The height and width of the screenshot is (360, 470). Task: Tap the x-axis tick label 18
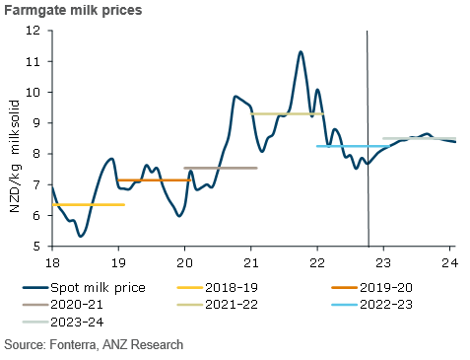[51, 262]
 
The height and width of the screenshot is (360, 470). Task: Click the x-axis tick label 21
[250, 262]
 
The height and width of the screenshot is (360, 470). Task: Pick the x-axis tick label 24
[449, 262]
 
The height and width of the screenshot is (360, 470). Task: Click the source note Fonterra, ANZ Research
[94, 344]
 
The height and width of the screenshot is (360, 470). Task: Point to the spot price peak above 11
[301, 51]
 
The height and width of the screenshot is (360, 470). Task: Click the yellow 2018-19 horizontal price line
[88, 204]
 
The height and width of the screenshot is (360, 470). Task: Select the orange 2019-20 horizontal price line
[154, 180]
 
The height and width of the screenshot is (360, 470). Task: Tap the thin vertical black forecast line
[368, 99]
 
